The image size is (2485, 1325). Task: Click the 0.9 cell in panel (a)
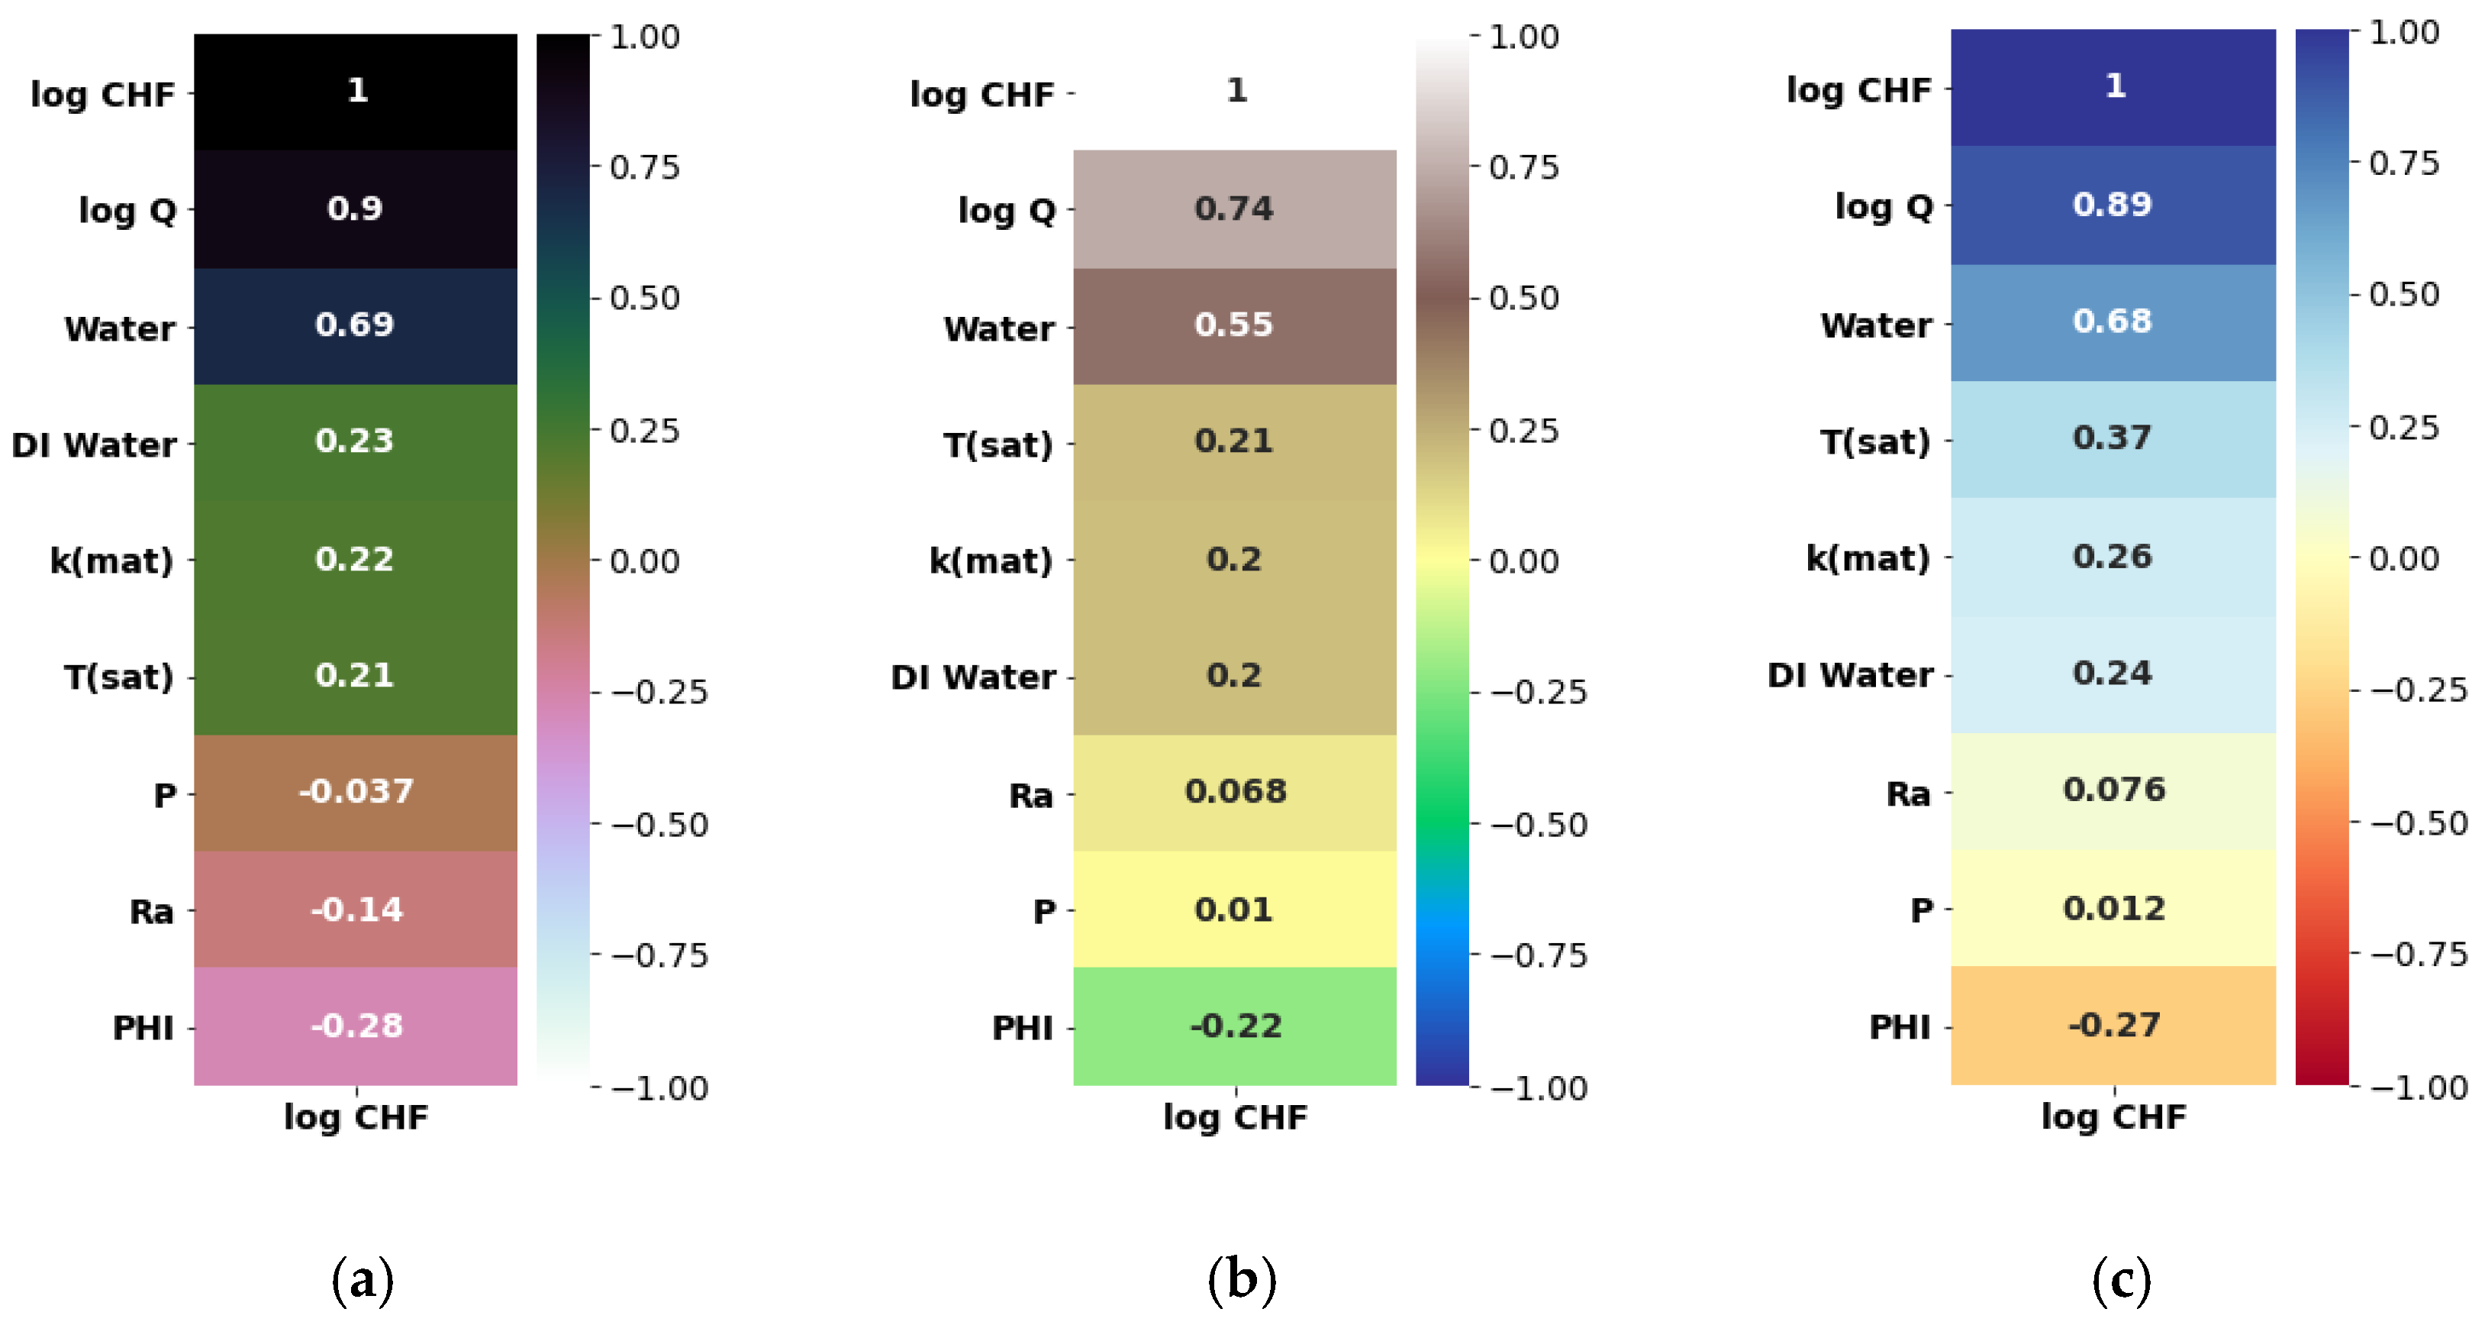pos(355,208)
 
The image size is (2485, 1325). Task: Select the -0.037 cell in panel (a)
pos(355,792)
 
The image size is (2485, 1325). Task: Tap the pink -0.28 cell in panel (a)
pos(355,1026)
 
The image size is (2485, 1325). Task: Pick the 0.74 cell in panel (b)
pos(1234,208)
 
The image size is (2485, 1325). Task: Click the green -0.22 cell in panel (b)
pos(1234,1026)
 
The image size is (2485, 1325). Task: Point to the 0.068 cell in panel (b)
pos(1234,792)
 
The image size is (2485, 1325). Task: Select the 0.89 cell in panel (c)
pos(2113,205)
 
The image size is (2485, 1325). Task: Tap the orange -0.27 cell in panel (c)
pos(2113,1025)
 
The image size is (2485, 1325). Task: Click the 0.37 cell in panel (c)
pos(2113,438)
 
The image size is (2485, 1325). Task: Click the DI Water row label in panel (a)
pos(95,445)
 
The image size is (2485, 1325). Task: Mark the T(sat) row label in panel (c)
pos(1875,442)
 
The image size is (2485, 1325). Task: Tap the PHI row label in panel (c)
pos(1900,1028)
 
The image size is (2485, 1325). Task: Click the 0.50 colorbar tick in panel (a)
pos(644,298)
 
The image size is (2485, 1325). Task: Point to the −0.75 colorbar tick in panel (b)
pos(1538,955)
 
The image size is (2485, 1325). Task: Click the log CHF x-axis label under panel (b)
pos(1235,1117)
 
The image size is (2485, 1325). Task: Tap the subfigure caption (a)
pos(362,1280)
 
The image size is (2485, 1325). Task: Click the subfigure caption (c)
pos(2120,1280)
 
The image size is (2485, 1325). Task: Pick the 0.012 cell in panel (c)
pos(2113,908)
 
